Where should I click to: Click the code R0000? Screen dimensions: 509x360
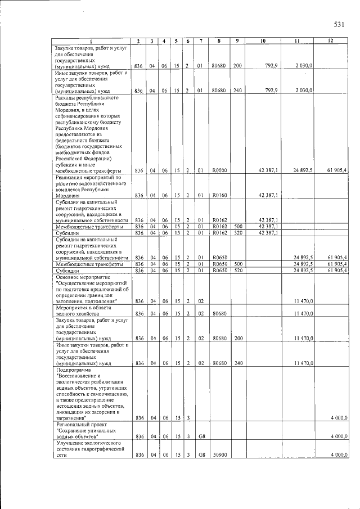tap(218, 170)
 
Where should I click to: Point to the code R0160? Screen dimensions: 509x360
tap(218, 195)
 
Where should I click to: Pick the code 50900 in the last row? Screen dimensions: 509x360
tap(218, 454)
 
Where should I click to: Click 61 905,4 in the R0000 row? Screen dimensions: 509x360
tap(337, 170)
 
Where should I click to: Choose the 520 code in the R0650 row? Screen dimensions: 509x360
tap(237, 270)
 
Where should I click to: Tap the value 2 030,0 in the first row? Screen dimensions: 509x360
tap(304, 66)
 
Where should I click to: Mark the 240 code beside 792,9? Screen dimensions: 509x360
tap(237, 90)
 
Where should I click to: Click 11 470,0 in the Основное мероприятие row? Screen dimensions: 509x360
tap(304, 301)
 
